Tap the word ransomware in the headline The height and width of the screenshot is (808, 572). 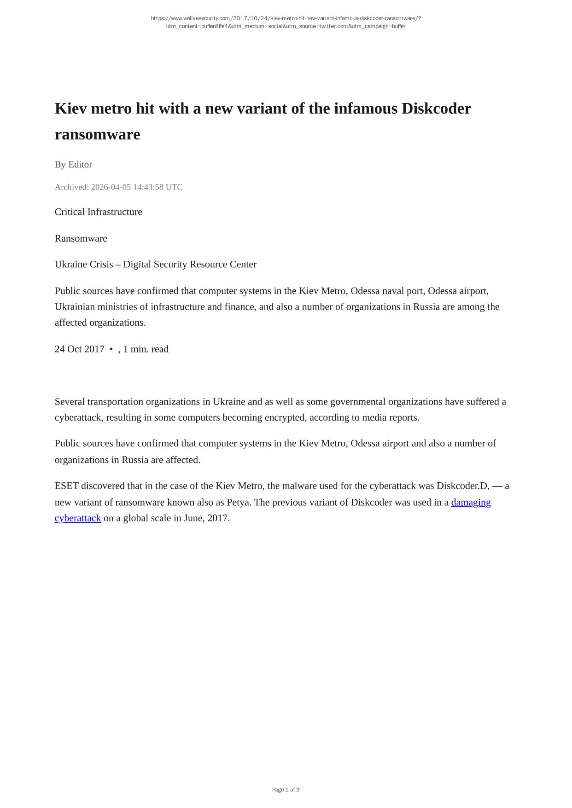(97, 134)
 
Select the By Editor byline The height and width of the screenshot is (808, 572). (73, 164)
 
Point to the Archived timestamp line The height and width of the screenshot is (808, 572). (118, 187)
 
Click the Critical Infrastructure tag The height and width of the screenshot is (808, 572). (98, 212)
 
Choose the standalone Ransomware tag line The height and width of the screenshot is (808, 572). (81, 238)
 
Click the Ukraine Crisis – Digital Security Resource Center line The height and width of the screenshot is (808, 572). (155, 264)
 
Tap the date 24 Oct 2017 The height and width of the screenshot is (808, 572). (79, 349)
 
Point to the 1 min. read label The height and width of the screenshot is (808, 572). (146, 349)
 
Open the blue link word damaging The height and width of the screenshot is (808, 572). (471, 502)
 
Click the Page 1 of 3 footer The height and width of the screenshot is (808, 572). (286, 790)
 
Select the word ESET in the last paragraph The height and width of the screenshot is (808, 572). (67, 486)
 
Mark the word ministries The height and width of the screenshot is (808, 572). (122, 306)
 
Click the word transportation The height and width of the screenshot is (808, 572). (115, 402)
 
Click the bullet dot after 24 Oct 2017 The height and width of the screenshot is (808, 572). (111, 349)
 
